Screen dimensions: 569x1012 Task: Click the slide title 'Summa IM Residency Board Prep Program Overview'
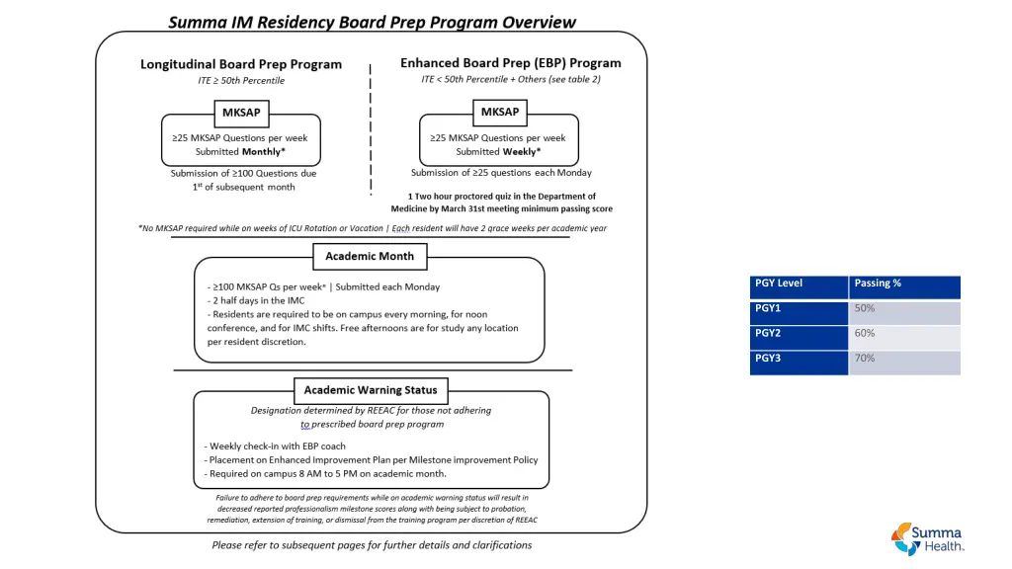372,22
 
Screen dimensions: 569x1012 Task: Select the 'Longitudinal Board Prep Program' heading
241,64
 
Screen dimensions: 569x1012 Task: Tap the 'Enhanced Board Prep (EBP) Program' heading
511,63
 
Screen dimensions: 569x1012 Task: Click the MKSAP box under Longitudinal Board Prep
241,112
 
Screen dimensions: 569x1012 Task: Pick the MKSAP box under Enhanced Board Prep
499,112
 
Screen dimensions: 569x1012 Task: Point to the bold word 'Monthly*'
264,152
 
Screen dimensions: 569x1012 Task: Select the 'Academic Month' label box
371,257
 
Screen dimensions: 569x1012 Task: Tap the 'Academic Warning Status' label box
371,389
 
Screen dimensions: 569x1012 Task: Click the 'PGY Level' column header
799,284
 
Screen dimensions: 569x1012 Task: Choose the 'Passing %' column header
904,284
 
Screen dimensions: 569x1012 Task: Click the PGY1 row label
799,309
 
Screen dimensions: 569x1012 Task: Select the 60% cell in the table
904,334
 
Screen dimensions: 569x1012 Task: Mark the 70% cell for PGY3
904,359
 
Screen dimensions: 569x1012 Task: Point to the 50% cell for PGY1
904,309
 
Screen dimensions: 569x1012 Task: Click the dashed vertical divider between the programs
370,128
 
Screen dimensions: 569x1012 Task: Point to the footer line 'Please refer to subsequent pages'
372,545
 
